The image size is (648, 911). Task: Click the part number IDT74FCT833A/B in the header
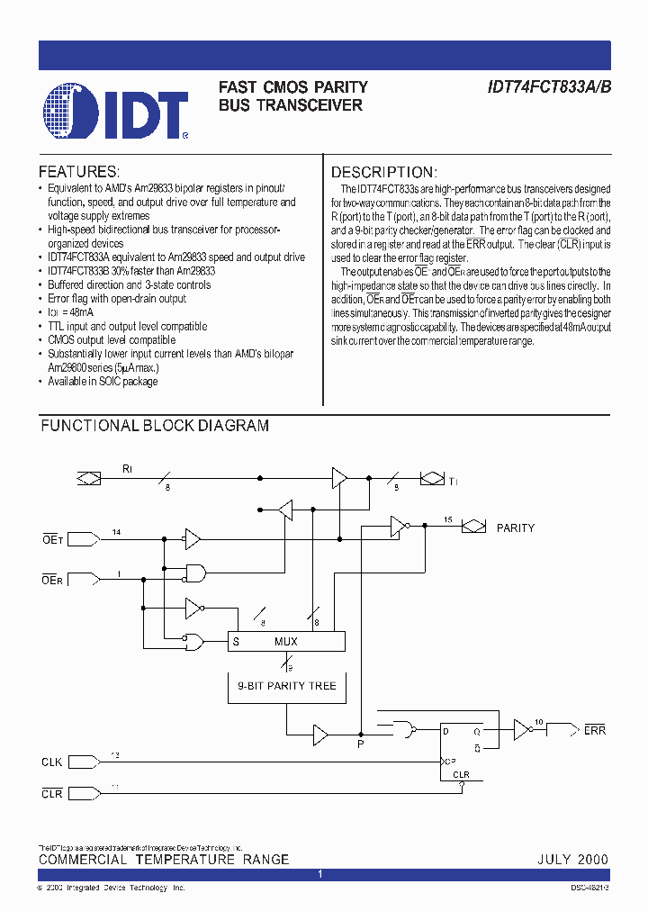(549, 87)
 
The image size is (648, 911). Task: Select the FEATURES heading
(79, 171)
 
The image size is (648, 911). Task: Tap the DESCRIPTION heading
(384, 172)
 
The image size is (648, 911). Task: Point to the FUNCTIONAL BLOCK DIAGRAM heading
(155, 426)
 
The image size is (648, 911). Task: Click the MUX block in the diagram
(286, 641)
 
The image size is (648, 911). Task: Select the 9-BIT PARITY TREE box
(286, 686)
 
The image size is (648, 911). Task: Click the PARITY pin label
(516, 528)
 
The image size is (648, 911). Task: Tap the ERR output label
(595, 730)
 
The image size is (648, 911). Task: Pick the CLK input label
(51, 762)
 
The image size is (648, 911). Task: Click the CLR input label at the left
(51, 793)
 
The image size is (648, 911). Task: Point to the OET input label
(50, 539)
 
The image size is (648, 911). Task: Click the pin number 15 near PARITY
(447, 520)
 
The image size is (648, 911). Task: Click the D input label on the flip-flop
(445, 731)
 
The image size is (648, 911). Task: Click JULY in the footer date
(554, 860)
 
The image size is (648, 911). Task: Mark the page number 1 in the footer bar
(320, 875)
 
